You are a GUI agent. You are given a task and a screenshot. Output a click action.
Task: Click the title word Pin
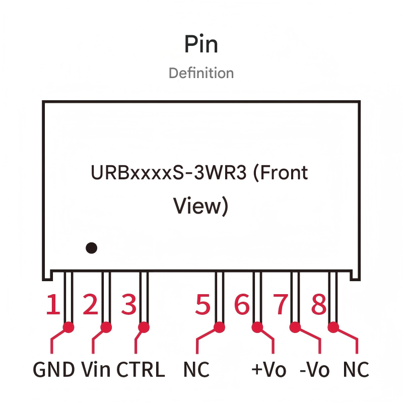[201, 44]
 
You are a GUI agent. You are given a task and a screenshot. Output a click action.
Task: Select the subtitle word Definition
[201, 73]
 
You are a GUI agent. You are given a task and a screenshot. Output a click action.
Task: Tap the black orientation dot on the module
[91, 248]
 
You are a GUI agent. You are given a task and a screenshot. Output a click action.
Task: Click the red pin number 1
[53, 305]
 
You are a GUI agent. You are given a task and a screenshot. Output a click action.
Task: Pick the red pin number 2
[90, 305]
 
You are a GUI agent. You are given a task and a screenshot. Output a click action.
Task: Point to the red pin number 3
[129, 305]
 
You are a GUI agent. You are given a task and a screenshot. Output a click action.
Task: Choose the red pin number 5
[203, 305]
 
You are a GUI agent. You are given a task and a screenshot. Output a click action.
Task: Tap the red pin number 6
[242, 305]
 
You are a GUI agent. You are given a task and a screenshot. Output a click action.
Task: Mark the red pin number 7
[280, 305]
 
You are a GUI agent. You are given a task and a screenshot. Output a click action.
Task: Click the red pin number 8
[318, 305]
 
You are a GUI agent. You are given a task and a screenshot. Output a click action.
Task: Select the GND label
[54, 370]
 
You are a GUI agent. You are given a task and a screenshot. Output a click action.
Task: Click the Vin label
[96, 370]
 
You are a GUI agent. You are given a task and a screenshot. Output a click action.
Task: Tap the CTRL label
[141, 370]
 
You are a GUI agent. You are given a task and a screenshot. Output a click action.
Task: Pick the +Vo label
[268, 370]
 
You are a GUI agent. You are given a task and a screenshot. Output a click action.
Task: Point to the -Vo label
[314, 370]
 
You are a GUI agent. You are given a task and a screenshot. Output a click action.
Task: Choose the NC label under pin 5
[196, 370]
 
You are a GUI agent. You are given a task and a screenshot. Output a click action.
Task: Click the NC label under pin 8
[356, 370]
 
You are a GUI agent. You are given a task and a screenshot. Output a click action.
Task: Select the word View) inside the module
[200, 206]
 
